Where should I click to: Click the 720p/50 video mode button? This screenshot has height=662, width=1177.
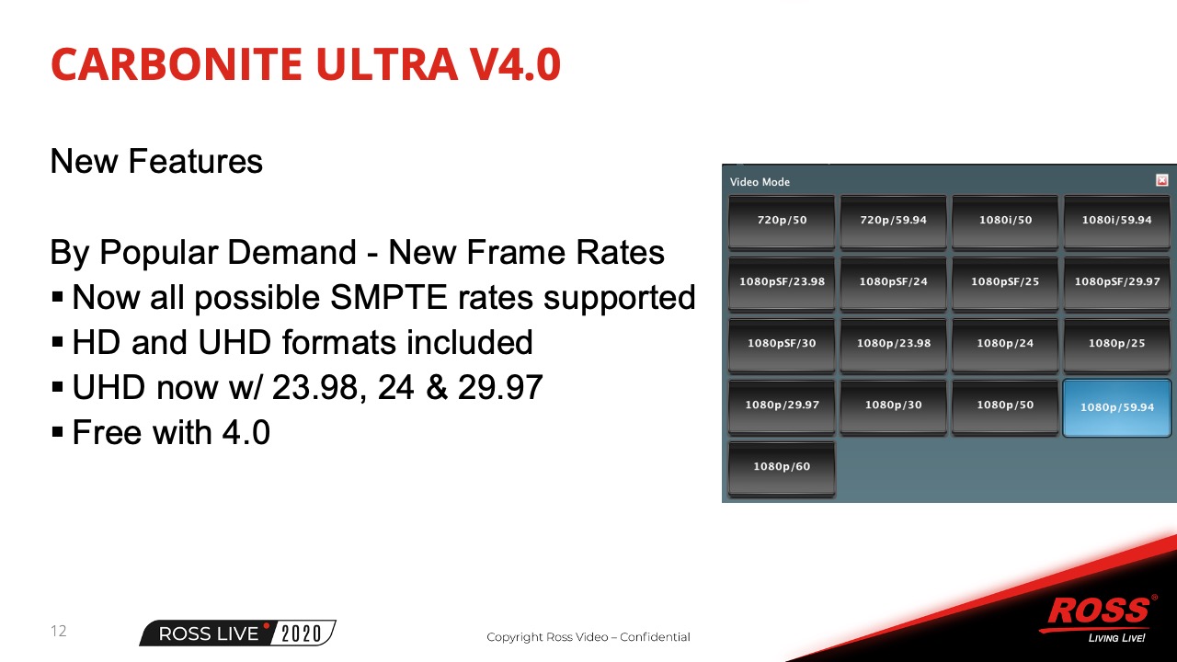click(782, 221)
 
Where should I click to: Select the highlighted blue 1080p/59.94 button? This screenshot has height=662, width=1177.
click(1116, 407)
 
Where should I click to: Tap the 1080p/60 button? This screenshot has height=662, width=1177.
click(782, 467)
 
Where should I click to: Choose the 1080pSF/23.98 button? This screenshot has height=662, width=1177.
click(782, 282)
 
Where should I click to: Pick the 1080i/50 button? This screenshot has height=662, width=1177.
click(1005, 221)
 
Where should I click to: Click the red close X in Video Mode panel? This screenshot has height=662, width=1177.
click(1161, 181)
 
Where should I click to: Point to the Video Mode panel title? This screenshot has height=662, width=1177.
click(760, 182)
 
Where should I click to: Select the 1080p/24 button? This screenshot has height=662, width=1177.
click(1005, 344)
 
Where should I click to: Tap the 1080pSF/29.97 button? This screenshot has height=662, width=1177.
click(1116, 282)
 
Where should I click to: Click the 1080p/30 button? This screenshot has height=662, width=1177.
click(893, 405)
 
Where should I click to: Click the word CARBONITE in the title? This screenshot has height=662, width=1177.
click(177, 64)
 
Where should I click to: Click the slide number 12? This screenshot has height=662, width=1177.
click(58, 631)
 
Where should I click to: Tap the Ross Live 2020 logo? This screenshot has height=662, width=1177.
click(237, 633)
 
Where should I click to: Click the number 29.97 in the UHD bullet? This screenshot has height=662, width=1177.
click(500, 388)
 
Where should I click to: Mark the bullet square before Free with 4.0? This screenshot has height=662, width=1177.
click(58, 432)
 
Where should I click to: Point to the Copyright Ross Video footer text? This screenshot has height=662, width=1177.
click(588, 637)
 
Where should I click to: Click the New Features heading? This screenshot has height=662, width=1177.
click(156, 161)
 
